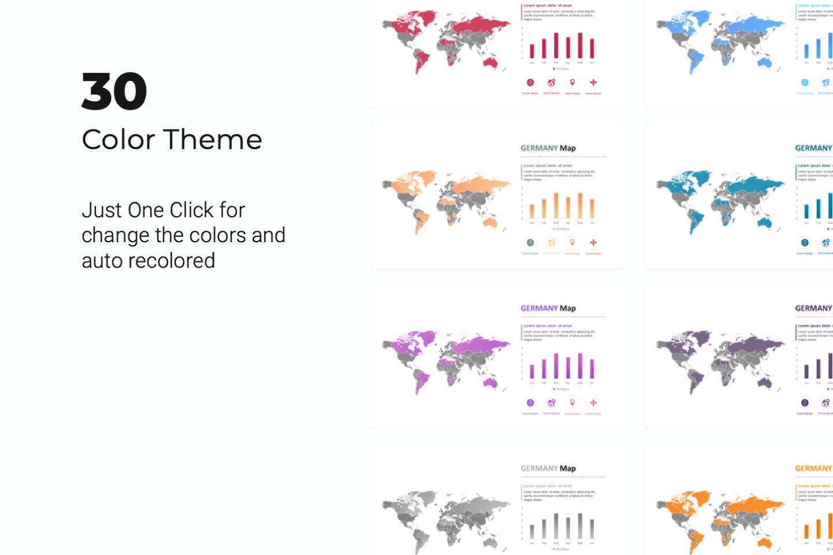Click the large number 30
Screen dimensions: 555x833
point(114,91)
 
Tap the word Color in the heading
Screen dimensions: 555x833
point(119,140)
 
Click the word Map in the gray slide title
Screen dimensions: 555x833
point(567,468)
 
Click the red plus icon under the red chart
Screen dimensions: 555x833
point(593,83)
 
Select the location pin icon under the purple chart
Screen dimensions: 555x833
point(572,402)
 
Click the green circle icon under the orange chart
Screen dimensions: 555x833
point(530,243)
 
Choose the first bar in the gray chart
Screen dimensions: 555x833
point(532,530)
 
